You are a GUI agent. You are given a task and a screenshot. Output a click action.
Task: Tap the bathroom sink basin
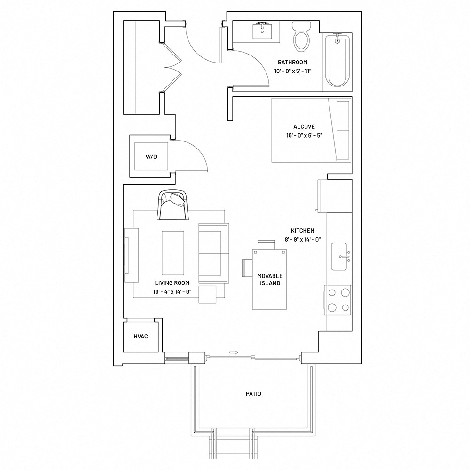(262, 31)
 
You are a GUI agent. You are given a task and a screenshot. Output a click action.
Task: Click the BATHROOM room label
(292, 63)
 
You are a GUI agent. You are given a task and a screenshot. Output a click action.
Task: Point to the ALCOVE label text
(304, 127)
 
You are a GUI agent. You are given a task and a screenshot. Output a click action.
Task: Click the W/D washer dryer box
(151, 157)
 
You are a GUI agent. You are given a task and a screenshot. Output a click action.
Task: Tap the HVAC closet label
(141, 337)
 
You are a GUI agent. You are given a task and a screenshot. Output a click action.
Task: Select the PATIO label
(253, 394)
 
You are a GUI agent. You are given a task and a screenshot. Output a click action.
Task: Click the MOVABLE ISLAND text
(270, 279)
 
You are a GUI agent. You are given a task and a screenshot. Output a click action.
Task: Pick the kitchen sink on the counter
(340, 257)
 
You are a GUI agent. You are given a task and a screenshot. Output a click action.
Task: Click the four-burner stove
(338, 300)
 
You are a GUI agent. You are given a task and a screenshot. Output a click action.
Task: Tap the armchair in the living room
(172, 205)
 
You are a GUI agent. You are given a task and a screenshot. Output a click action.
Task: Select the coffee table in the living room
(173, 253)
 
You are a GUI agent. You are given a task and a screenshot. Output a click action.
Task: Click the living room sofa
(214, 253)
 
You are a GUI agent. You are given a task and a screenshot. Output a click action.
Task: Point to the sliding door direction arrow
(234, 352)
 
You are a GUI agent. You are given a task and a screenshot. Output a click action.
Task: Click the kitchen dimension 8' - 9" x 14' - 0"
(302, 240)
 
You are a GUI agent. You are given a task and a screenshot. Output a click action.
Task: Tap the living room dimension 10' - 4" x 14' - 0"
(172, 292)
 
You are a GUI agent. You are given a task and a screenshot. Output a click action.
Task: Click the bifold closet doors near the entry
(172, 67)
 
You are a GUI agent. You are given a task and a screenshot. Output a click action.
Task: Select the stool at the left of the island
(247, 268)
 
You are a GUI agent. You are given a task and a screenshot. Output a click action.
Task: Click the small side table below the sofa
(207, 294)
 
